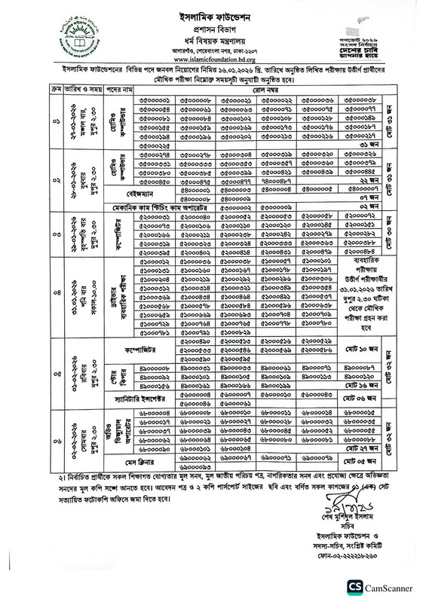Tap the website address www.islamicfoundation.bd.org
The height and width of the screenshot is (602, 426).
point(213,62)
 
